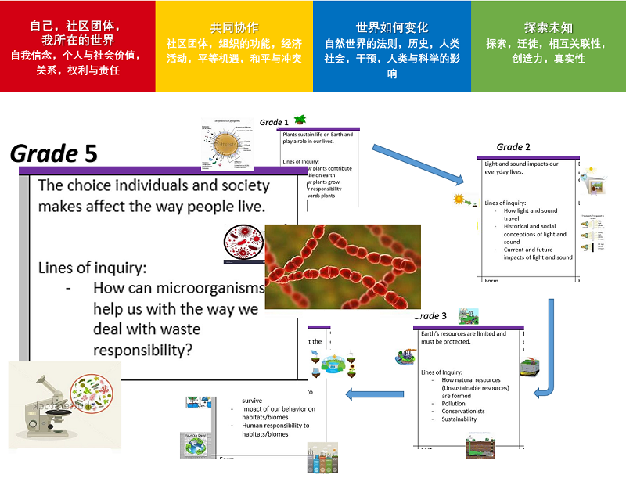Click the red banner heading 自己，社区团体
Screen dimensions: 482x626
coord(77,32)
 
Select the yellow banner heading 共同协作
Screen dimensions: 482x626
coord(234,27)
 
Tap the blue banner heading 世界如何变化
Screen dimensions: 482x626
coord(391,27)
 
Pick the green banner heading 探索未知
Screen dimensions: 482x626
coord(547,27)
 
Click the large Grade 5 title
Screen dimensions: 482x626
coord(53,153)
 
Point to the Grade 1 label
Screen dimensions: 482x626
coord(274,122)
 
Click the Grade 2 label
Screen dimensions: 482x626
coord(513,147)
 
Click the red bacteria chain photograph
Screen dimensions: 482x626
coord(343,266)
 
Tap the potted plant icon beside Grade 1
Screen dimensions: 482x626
coord(300,120)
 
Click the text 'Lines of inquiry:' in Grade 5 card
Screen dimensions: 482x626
coord(92,268)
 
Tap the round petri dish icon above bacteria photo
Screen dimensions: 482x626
coord(239,239)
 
